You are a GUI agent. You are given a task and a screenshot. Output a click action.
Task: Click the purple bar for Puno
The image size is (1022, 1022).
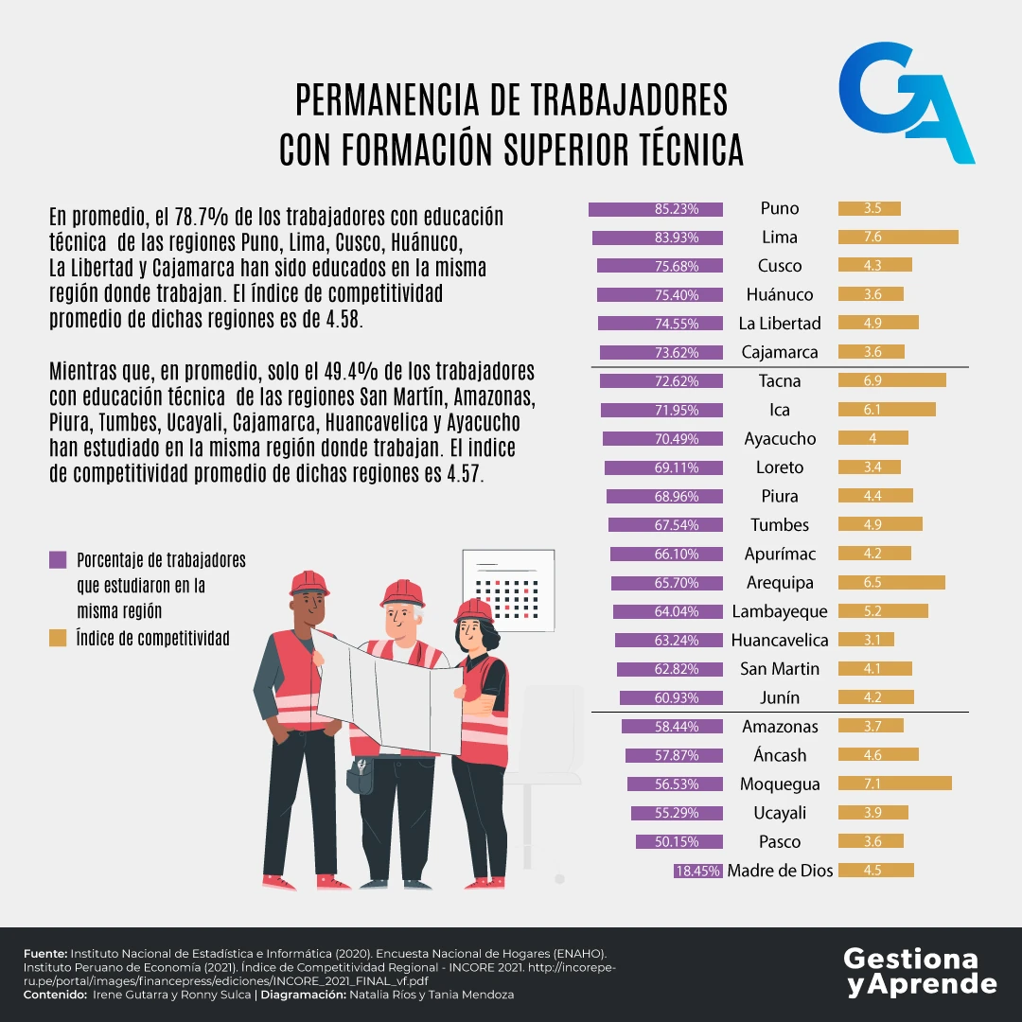click(656, 209)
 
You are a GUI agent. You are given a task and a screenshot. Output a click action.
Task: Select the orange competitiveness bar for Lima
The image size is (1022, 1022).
click(898, 238)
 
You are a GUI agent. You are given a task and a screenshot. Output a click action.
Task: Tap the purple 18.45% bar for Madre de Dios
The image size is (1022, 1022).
click(698, 871)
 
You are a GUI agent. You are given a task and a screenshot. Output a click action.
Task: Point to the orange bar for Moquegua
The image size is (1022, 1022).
click(894, 784)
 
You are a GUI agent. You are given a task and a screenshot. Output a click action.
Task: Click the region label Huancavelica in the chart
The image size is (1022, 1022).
click(780, 641)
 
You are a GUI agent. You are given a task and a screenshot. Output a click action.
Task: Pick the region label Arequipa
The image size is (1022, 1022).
click(780, 583)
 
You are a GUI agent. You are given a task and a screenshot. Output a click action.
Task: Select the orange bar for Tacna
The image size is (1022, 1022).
click(891, 381)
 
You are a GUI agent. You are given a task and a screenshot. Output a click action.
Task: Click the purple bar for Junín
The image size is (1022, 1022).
click(671, 698)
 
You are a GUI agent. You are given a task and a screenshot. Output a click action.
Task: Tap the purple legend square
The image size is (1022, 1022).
click(58, 560)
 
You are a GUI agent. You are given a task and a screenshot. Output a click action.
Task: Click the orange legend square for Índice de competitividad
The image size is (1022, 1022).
click(58, 639)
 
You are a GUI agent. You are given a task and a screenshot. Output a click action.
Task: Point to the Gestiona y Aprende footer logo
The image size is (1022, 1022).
click(920, 971)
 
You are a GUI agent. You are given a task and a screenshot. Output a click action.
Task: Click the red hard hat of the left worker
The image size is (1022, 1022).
click(308, 582)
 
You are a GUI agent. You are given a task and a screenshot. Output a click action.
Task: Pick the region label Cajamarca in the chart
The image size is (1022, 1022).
click(780, 353)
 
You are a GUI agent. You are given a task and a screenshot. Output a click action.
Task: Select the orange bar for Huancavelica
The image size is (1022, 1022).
click(866, 641)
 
